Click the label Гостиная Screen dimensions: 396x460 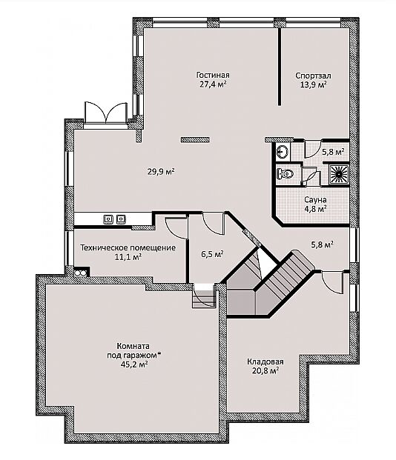213,76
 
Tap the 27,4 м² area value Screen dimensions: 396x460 213,84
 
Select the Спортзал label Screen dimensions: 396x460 313,76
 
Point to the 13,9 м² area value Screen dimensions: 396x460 314,84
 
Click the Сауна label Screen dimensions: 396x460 315,200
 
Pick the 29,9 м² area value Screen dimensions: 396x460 161,171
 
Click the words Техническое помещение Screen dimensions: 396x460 128,248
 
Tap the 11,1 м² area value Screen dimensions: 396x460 128,257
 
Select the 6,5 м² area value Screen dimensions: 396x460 213,254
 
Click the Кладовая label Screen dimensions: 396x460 265,361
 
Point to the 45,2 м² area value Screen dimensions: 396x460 133,364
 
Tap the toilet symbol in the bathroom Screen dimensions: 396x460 285,174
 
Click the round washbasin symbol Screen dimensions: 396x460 283,152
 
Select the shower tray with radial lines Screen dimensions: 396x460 339,174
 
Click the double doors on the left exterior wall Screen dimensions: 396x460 106,113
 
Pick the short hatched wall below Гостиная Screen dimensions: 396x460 195,140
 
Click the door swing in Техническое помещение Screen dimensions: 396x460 176,228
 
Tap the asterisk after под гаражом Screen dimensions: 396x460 159,354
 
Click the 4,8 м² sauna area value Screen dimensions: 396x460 316,209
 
